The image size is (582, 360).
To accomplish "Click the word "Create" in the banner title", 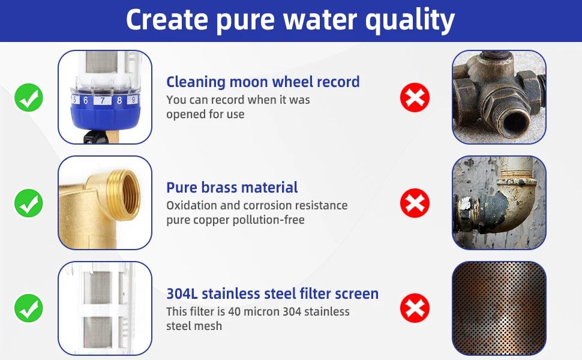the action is (x=167, y=20).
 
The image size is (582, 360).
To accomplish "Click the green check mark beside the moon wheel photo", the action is (x=29, y=98).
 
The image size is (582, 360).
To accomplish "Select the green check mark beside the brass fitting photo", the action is (x=29, y=203).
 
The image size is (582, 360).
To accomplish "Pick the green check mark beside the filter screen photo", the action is (x=29, y=308).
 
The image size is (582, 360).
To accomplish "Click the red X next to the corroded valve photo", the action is (x=415, y=98).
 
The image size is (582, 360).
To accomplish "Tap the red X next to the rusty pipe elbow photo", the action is (x=415, y=203).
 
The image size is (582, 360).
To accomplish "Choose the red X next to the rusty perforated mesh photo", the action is (x=415, y=308).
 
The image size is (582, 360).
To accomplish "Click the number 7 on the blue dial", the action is (x=102, y=101).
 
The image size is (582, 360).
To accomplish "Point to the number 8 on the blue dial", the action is (x=119, y=100).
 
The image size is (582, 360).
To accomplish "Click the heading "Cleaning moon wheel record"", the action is (x=263, y=82).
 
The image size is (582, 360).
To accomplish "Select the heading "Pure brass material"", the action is (x=232, y=187).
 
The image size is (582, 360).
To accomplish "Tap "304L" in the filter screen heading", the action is (x=182, y=293).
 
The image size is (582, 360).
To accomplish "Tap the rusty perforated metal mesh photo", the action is (x=499, y=308).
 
